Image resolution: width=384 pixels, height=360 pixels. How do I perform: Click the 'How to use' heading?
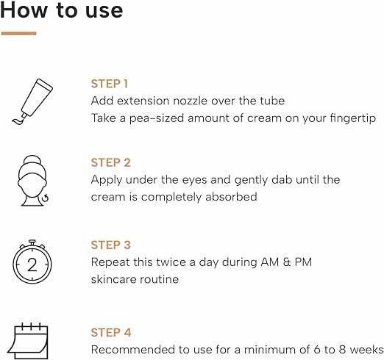tap(62, 12)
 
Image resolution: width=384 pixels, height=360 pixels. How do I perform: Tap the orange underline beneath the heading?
tap(19, 33)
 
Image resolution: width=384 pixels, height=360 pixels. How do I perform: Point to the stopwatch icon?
tap(32, 264)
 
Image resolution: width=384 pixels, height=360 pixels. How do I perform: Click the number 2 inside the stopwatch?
tap(32, 267)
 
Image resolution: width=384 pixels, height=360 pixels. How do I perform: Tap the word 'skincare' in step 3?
tap(115, 279)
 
